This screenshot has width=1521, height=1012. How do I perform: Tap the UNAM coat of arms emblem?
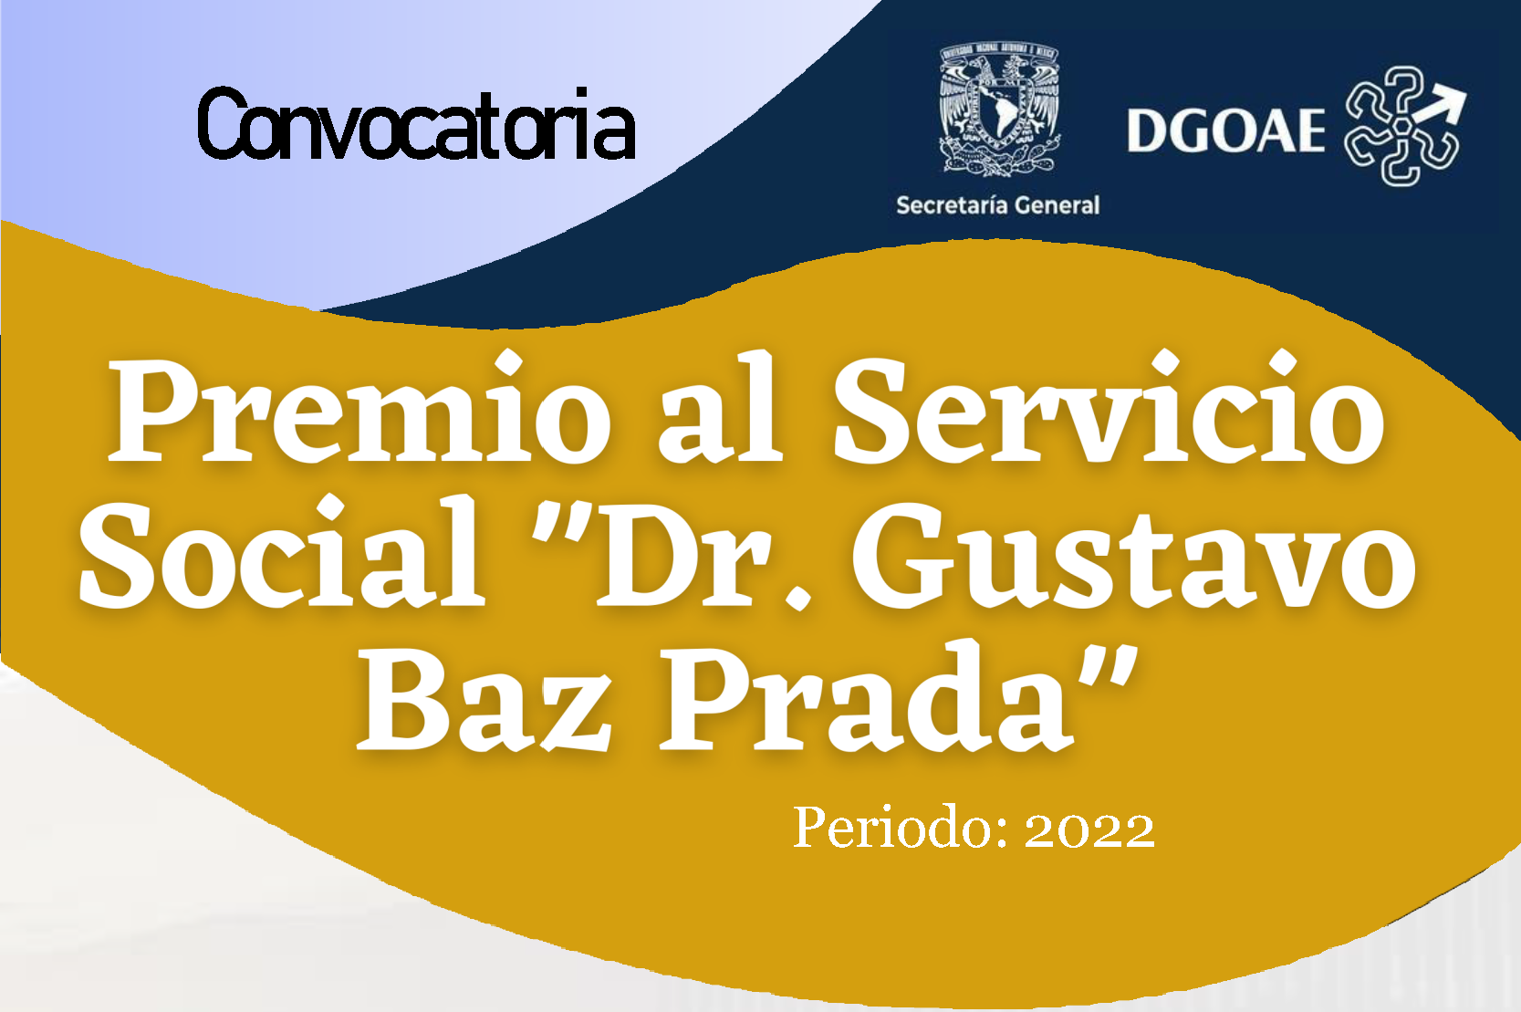(999, 110)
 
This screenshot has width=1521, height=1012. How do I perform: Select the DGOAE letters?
(1225, 130)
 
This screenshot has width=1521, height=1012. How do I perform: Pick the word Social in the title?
(282, 551)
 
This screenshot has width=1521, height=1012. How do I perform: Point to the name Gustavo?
(1133, 556)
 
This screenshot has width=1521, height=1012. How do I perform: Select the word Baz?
(484, 700)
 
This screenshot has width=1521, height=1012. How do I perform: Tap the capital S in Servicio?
(870, 412)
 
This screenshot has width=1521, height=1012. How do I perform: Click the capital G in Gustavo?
(907, 556)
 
